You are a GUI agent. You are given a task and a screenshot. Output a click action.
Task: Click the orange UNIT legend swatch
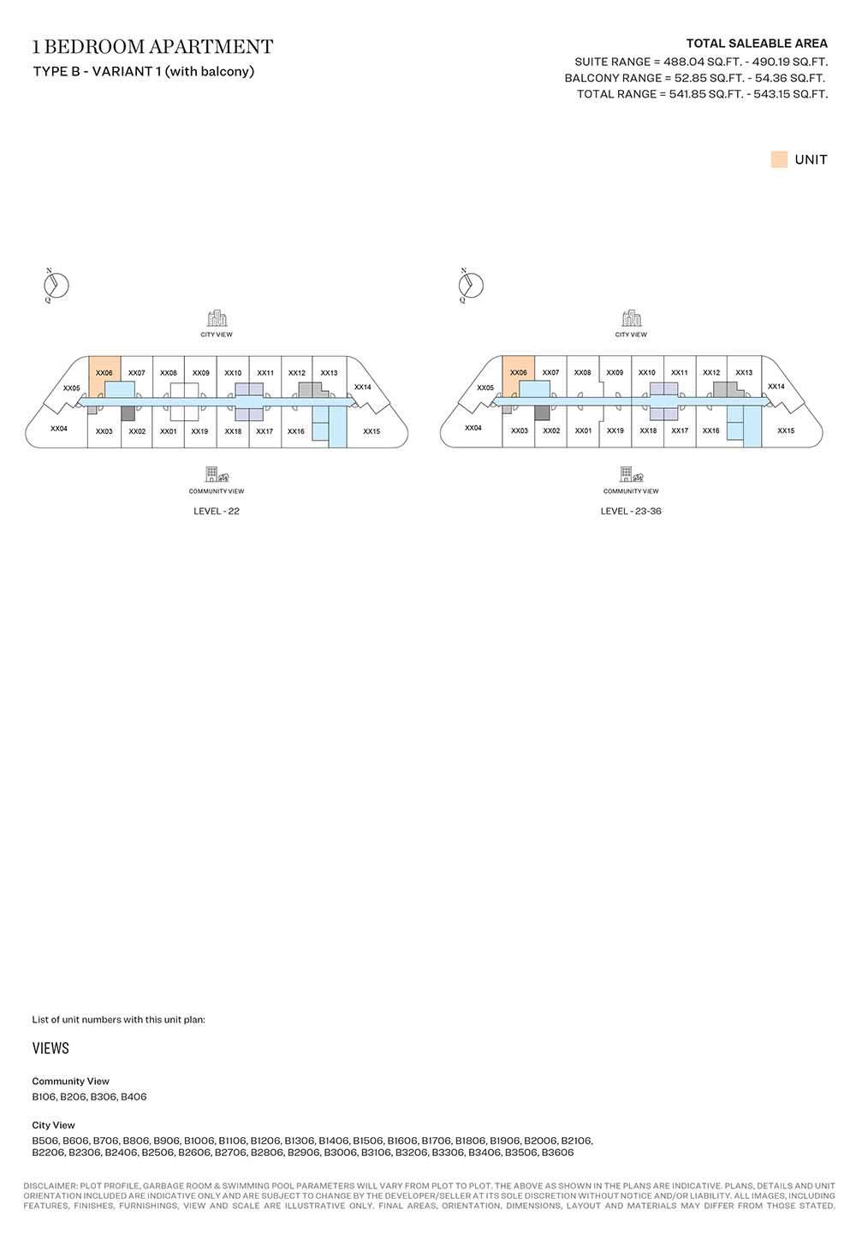click(779, 160)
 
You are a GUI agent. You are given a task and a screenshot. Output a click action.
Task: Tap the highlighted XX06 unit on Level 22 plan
click(104, 374)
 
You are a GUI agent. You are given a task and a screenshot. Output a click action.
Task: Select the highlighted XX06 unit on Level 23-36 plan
click(519, 374)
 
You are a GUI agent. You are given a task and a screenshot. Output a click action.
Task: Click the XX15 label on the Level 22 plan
click(372, 431)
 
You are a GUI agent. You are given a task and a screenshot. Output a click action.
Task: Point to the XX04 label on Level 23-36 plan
click(473, 428)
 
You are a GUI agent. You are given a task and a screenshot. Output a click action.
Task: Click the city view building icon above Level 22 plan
click(217, 319)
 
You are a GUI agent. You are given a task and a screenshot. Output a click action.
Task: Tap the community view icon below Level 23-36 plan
click(631, 476)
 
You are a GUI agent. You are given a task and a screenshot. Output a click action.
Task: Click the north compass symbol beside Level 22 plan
click(56, 286)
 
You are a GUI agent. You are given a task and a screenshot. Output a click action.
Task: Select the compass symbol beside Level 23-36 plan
click(471, 286)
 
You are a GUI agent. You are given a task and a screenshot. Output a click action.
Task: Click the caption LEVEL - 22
click(217, 512)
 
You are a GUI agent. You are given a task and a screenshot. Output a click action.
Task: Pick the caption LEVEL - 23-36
click(631, 512)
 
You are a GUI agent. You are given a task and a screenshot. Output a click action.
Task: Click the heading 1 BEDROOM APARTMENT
click(153, 47)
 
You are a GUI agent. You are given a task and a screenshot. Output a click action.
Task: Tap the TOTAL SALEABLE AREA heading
click(757, 44)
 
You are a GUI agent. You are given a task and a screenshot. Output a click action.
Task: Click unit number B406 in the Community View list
click(134, 1097)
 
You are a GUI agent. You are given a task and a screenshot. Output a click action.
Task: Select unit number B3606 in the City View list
click(557, 1153)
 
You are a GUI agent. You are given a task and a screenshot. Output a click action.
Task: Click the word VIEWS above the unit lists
click(51, 1048)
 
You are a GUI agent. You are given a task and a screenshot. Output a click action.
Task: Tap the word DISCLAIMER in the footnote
click(49, 1186)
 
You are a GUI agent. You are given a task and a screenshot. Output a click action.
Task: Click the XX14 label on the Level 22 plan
click(362, 388)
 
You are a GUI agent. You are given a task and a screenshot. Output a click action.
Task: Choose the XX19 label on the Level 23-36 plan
click(615, 431)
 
